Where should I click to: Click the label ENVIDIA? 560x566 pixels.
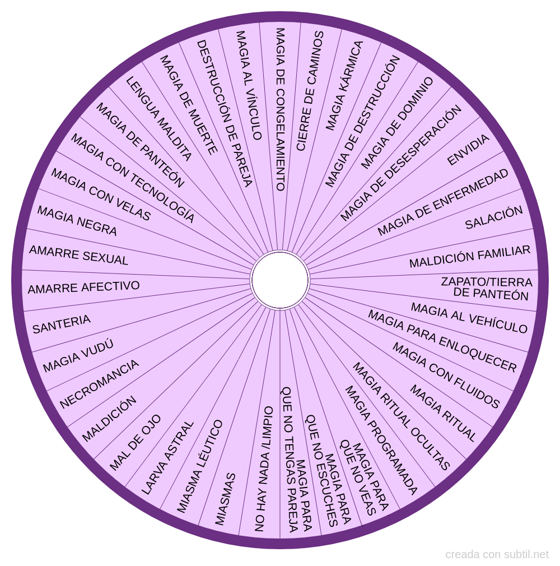[x=468, y=150]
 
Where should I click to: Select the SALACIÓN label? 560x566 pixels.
[x=494, y=218]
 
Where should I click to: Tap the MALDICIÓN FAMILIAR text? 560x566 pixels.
[x=470, y=257]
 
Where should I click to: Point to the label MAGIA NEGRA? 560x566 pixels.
[x=77, y=221]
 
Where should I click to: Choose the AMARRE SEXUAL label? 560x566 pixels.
[x=78, y=256]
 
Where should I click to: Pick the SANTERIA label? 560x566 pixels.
[x=61, y=324]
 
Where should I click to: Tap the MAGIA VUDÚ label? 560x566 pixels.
[x=78, y=356]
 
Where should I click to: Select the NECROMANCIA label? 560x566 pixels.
[x=99, y=384]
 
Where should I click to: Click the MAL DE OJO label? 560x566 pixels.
[x=135, y=443]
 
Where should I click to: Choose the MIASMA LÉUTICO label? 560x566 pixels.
[x=200, y=466]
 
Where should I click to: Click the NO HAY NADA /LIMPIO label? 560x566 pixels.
[x=264, y=469]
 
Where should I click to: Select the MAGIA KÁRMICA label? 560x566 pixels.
[x=344, y=86]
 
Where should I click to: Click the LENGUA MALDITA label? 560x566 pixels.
[x=158, y=119]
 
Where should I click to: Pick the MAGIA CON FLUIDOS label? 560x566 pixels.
[x=446, y=375]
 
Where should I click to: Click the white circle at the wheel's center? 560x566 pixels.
[x=280, y=280]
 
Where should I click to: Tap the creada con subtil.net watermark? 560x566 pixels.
[x=497, y=555]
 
